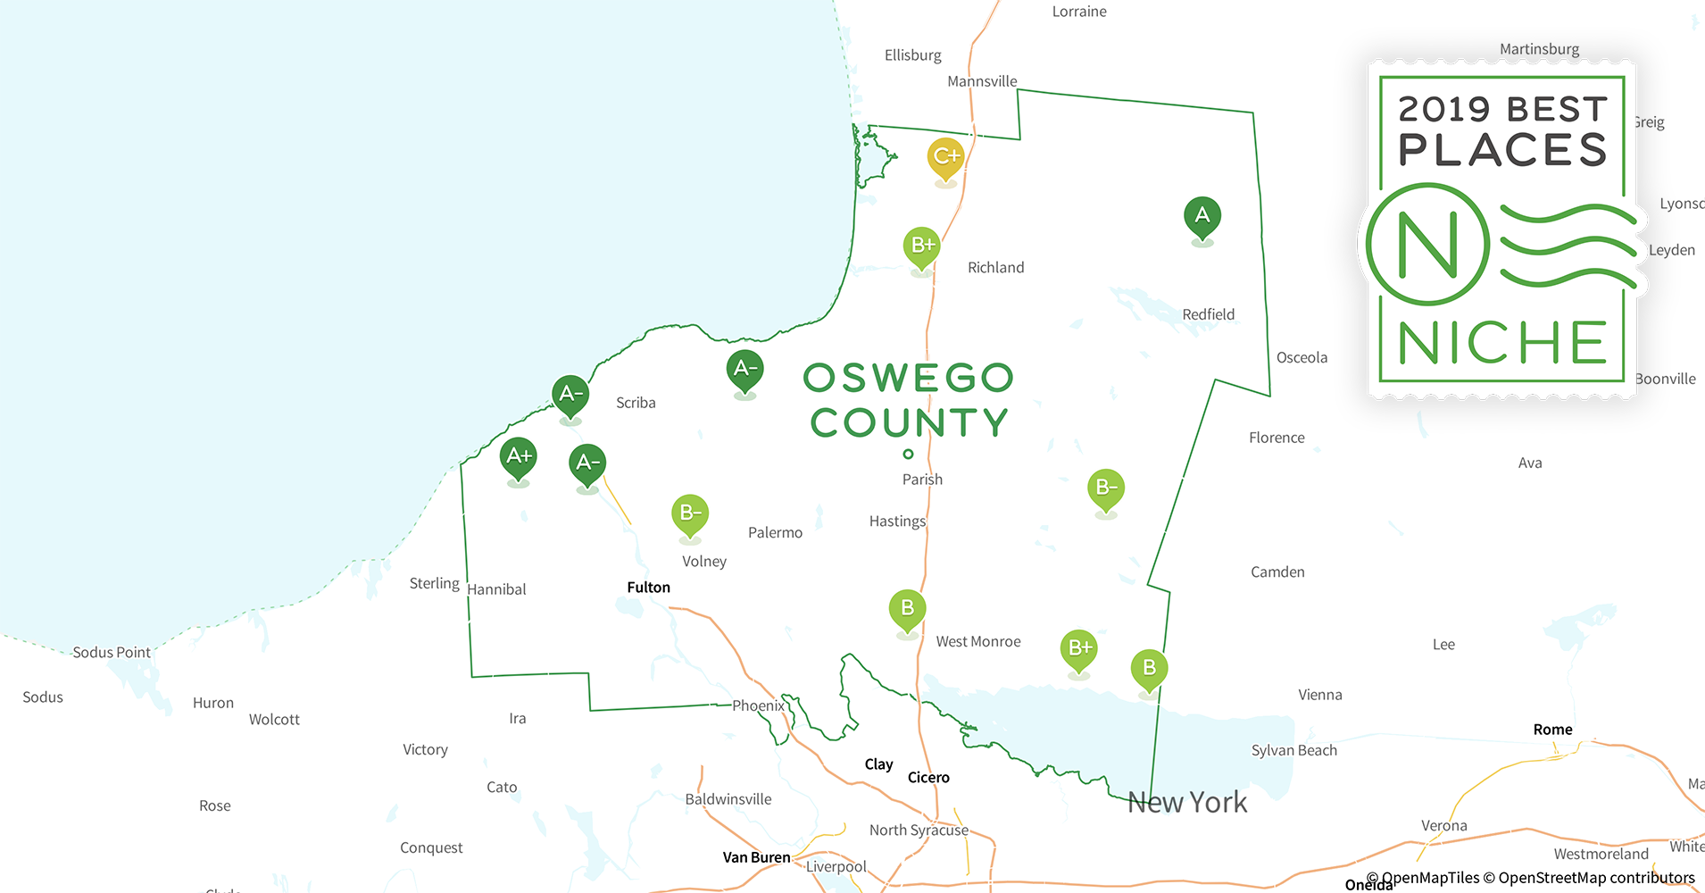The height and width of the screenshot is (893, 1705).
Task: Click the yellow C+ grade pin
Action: [945, 157]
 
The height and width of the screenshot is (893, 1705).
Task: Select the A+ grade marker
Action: [519, 456]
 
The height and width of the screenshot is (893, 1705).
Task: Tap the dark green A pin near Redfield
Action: [1202, 216]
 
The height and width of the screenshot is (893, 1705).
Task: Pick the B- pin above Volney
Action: [689, 513]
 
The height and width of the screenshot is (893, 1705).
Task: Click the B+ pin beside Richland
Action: [921, 246]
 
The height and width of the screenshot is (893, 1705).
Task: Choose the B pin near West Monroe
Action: [907, 609]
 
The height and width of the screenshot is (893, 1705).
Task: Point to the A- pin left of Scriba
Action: [570, 395]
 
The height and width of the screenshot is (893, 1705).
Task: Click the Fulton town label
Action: [648, 588]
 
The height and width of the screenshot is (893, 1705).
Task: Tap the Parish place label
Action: [922, 480]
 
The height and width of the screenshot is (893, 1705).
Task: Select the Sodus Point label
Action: [112, 653]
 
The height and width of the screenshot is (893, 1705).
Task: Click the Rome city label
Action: [1552, 730]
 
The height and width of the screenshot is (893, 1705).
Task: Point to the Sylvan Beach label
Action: [1293, 750]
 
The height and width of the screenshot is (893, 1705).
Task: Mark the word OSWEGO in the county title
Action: [908, 378]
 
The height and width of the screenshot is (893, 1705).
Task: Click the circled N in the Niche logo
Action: [1427, 244]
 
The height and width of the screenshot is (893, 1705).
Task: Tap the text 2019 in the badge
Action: [1443, 110]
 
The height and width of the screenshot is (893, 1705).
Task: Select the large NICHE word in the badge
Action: [1501, 344]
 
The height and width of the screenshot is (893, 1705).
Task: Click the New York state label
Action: [1186, 802]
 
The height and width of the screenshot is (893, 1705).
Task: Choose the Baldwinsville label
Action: [728, 799]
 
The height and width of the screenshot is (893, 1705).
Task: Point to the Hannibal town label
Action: [496, 589]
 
